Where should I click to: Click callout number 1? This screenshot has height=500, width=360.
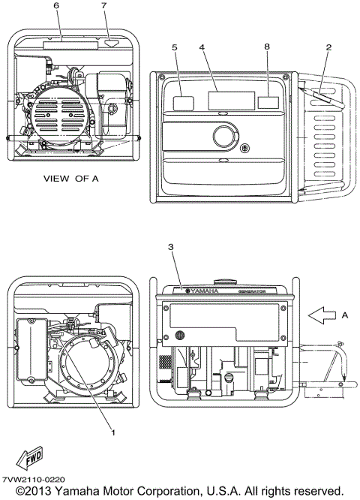click(113, 432)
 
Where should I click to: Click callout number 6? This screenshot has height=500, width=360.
click(57, 5)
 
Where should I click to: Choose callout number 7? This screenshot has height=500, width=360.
click(104, 5)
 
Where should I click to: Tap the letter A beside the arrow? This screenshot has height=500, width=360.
click(345, 315)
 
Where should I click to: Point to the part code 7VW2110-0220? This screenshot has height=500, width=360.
click(33, 479)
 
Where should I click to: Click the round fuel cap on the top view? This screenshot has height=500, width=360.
click(224, 137)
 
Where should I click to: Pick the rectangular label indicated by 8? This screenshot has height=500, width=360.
click(268, 102)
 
